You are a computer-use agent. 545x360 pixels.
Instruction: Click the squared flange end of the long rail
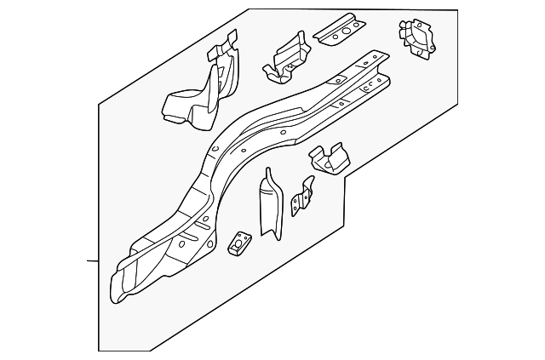(375, 64)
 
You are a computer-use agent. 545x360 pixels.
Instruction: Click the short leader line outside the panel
(93, 260)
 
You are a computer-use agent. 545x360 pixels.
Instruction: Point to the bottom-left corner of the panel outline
(100, 349)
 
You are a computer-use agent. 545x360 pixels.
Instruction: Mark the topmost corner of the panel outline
(250, 10)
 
